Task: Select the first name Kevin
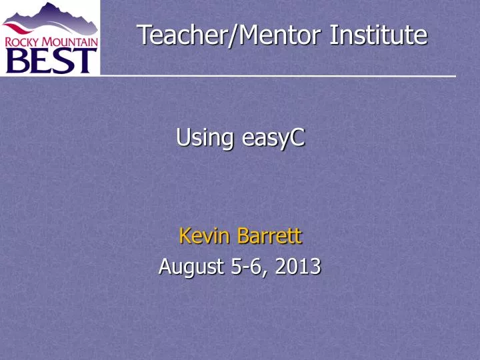click(203, 235)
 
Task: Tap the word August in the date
click(191, 267)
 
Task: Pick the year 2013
click(297, 267)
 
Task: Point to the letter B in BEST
click(17, 61)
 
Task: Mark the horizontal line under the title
click(280, 77)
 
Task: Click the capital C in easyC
click(298, 138)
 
